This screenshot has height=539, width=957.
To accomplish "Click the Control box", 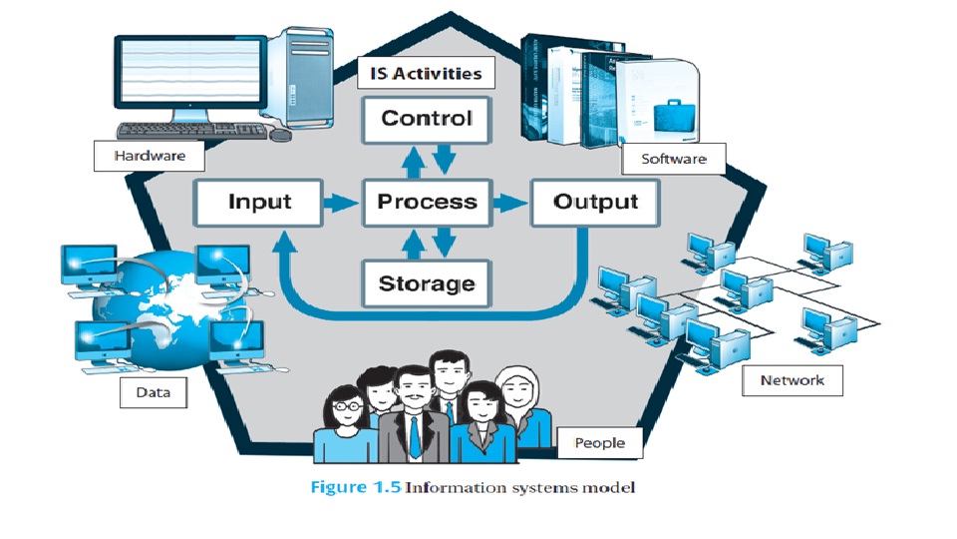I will pyautogui.click(x=427, y=119).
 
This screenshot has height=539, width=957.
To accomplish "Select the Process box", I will pyautogui.click(x=427, y=203).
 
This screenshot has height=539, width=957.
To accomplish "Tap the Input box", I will pyautogui.click(x=259, y=203).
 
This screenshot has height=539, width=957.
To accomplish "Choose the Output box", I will pyautogui.click(x=595, y=203).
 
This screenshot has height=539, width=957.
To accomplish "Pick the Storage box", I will pyautogui.click(x=427, y=284).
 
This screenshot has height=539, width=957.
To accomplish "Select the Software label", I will pyautogui.click(x=673, y=159).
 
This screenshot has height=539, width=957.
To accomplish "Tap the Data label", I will pyautogui.click(x=153, y=392).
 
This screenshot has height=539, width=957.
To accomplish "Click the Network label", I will pyautogui.click(x=792, y=380).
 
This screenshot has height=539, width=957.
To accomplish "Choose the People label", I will pyautogui.click(x=599, y=443).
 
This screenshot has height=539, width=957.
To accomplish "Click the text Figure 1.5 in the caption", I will pyautogui.click(x=356, y=488).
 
